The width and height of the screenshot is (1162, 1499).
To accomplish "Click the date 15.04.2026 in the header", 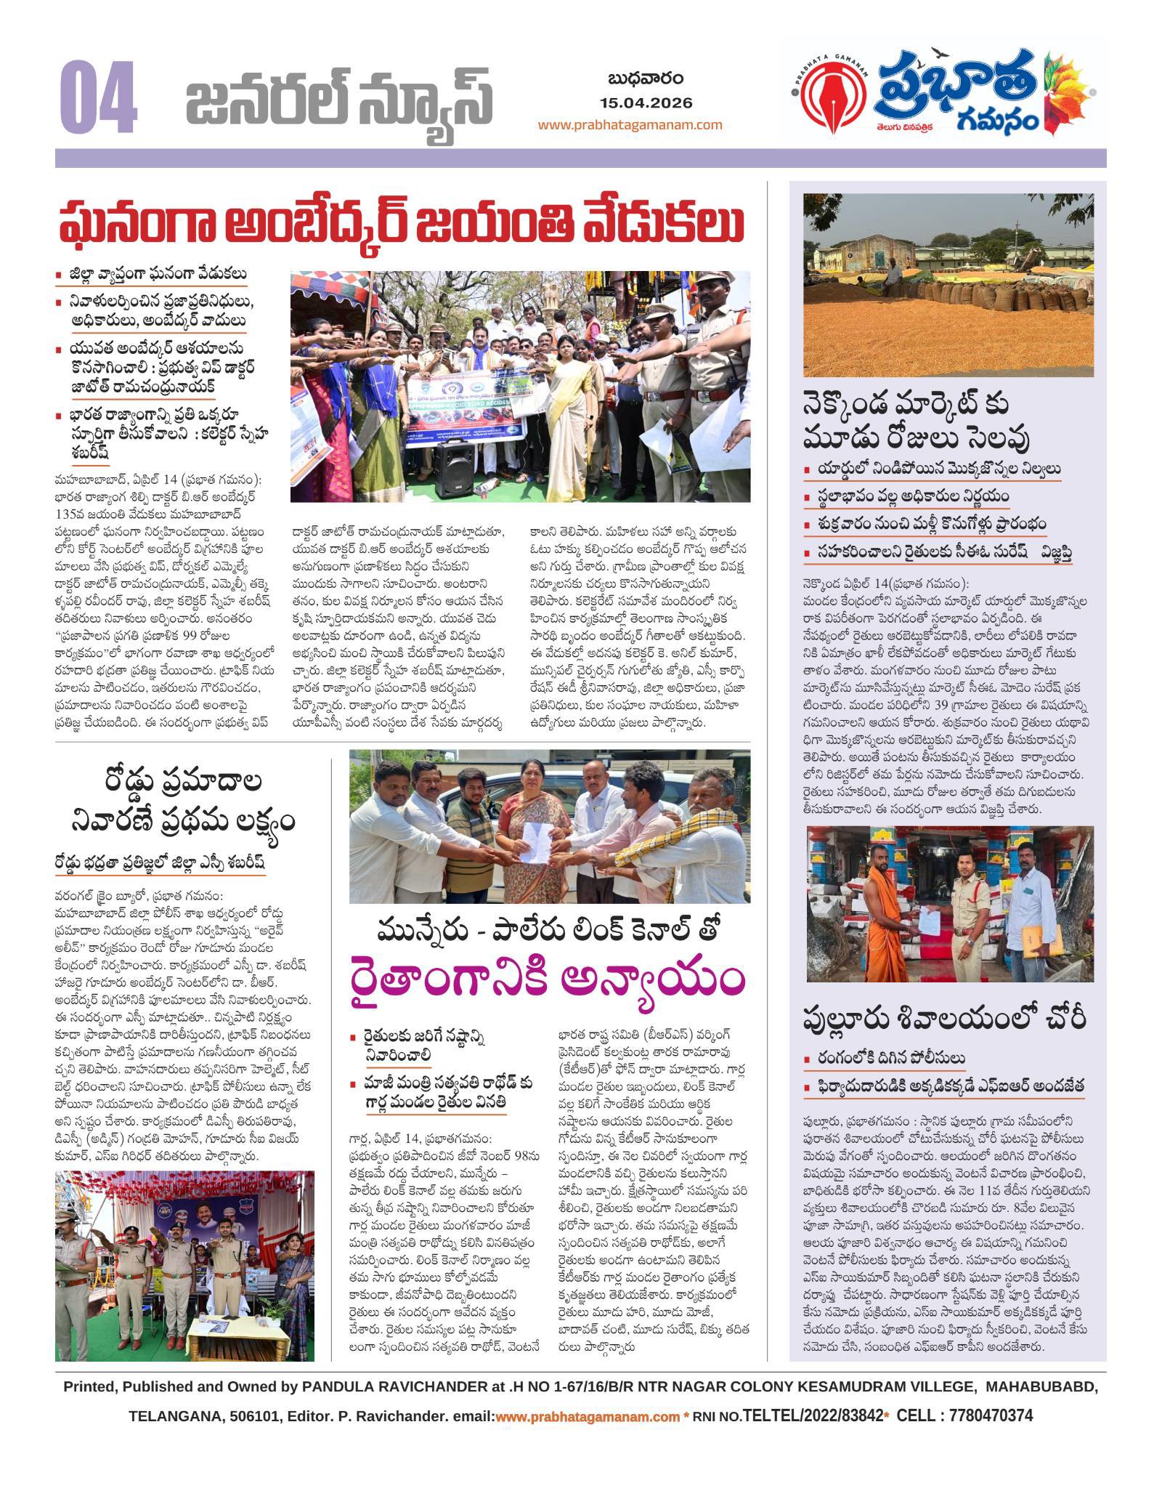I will [x=646, y=102].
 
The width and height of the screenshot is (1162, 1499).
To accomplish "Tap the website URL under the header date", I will [x=630, y=124].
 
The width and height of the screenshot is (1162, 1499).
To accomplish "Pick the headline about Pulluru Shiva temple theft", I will [x=943, y=1019].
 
